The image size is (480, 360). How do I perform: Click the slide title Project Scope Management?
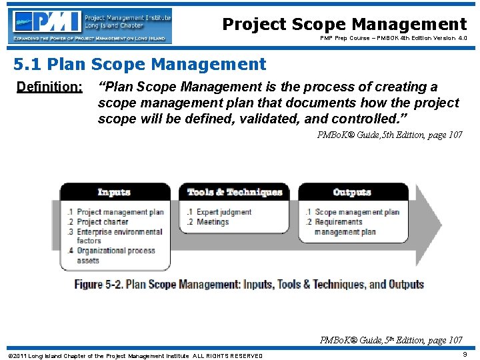click(344, 25)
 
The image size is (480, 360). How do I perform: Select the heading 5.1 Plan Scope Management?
click(140, 65)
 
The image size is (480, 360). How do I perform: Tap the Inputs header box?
click(114, 193)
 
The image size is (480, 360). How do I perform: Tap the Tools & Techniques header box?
click(234, 193)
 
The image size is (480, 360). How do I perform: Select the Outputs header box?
click(352, 193)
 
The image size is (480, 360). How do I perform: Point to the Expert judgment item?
click(223, 212)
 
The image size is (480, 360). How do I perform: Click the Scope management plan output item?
click(357, 212)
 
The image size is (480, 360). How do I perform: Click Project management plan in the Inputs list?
click(119, 212)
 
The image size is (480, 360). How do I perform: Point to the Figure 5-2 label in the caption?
click(98, 284)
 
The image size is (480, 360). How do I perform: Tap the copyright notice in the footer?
click(134, 356)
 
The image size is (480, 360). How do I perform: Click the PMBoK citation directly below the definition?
click(389, 135)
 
